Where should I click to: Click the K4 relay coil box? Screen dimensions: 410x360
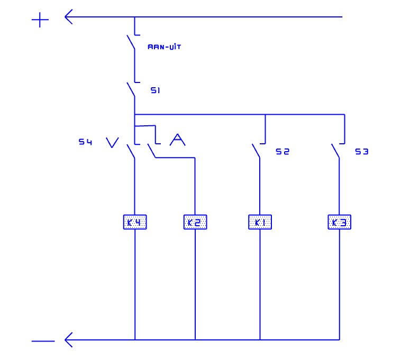tap(135, 222)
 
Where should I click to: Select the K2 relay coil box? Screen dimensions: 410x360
tap(195, 222)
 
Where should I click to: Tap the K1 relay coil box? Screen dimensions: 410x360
tap(260, 222)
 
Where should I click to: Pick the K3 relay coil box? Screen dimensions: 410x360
tap(340, 222)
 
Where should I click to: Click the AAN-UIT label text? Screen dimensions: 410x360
tap(164, 47)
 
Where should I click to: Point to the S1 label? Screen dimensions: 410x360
tap(156, 90)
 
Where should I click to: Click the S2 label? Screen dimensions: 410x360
tap(283, 152)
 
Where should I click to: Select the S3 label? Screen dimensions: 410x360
tap(362, 152)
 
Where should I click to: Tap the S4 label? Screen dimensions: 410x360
tap(86, 142)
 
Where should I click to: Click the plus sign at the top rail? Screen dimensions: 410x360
tap(40, 20)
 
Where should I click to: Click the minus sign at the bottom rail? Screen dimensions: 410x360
tap(43, 341)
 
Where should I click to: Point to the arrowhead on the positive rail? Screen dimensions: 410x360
tap(68, 17)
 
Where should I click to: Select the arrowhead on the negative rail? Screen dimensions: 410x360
tap(68, 340)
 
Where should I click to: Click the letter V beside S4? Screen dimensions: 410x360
tap(113, 143)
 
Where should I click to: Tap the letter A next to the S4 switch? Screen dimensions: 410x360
tap(178, 140)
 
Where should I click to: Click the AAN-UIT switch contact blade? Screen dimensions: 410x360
tap(131, 42)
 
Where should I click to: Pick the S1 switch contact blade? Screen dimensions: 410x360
tap(131, 89)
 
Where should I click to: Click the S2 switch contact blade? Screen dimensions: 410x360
tap(256, 151)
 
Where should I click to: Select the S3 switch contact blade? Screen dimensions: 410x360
tap(335, 151)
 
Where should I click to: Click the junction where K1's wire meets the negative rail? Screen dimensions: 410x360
tap(260, 340)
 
